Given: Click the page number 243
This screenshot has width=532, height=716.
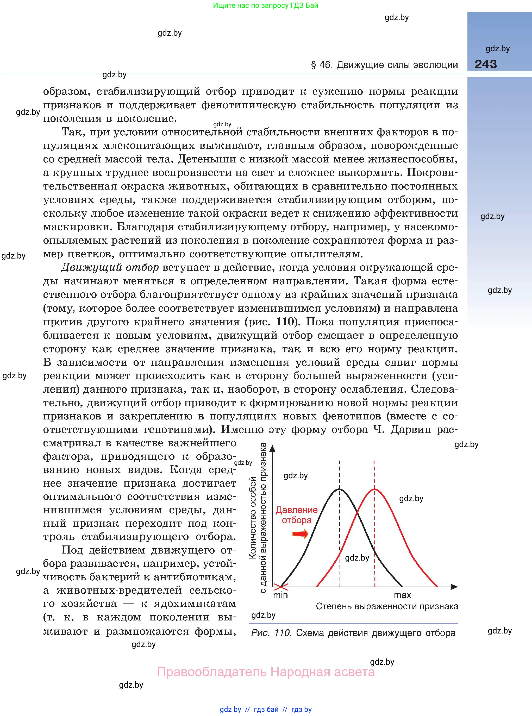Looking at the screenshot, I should tap(486, 64).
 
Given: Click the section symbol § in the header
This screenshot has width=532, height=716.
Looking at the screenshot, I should tap(313, 65).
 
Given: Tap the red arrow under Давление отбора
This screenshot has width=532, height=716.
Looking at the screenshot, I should tap(300, 534).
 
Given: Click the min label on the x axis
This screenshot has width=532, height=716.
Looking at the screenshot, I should tap(280, 595).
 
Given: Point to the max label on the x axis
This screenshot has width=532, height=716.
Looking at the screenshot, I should tap(402, 595).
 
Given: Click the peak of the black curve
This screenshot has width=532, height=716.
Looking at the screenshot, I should tap(339, 489).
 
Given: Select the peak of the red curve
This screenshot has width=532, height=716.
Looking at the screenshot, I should tap(374, 489).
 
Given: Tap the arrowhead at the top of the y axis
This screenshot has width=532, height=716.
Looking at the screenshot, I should tap(272, 448).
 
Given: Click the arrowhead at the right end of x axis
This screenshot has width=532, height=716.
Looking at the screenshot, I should tap(454, 587).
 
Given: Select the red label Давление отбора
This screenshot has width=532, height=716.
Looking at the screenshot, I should tap(297, 515).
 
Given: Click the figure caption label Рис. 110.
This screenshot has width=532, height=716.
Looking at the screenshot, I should tap(271, 633).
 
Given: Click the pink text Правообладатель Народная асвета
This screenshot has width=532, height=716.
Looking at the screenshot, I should tap(266, 672).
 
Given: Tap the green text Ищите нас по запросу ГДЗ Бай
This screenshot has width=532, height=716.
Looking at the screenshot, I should tap(265, 5).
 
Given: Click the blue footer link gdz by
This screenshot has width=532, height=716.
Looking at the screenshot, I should tap(230, 709).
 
